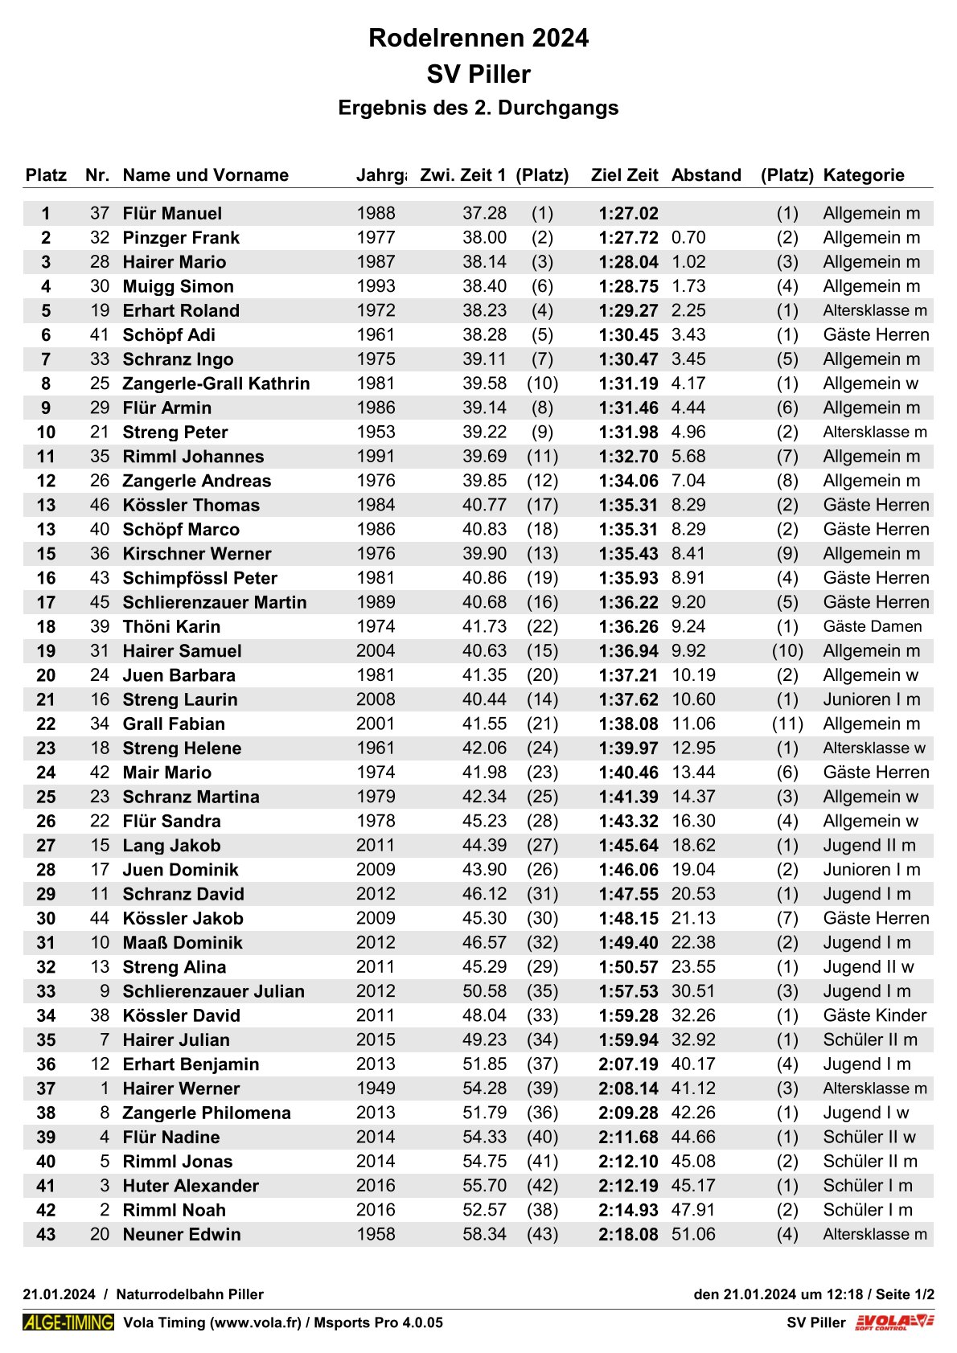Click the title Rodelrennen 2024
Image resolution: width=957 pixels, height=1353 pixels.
pos(478,38)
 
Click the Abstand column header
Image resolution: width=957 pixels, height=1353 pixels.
pos(706,175)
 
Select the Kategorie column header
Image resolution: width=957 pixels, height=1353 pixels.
pos(863,175)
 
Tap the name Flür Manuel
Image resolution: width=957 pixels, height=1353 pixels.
pos(172,213)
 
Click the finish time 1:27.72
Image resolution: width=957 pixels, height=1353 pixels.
pos(628,238)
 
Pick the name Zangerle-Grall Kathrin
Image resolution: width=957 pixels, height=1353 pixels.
pos(216,383)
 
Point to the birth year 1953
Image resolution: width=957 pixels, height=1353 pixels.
pos(376,432)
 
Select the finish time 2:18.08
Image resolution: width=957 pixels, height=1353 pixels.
pos(628,1234)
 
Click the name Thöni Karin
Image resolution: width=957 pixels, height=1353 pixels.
pos(172,626)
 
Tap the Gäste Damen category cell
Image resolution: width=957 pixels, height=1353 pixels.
pos(872,626)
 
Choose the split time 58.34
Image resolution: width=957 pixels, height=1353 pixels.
pos(484,1234)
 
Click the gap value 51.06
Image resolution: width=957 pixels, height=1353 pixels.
pos(693,1234)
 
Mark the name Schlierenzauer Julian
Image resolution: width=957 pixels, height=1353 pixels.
pos(213,991)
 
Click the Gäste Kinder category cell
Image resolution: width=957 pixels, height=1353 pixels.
pos(874,1015)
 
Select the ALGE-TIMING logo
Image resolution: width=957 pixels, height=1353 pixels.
pos(68,1322)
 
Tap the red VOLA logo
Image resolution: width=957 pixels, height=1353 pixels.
pos(893,1322)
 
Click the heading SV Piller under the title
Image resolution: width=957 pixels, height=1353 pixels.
pos(478,74)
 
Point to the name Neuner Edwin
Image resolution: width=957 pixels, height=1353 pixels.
pos(181,1234)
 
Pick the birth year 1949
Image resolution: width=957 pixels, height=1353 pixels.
pos(376,1089)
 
